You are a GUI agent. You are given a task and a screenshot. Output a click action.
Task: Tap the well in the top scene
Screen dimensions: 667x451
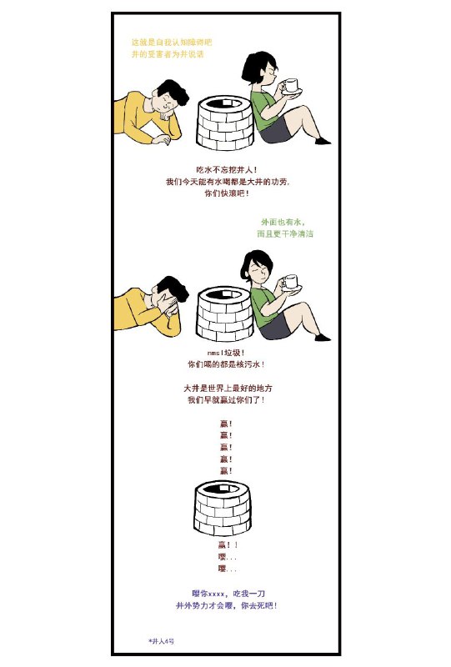click(224, 123)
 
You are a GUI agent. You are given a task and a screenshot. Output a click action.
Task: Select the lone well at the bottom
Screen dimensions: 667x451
click(222, 508)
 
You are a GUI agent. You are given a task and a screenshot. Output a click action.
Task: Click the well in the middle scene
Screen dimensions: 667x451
click(224, 315)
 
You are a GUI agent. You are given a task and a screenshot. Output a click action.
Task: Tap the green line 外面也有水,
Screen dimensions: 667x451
click(283, 223)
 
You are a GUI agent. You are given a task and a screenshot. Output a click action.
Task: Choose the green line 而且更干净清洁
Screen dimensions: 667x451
click(285, 234)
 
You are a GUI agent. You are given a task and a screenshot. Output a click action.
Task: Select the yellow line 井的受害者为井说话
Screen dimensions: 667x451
click(168, 53)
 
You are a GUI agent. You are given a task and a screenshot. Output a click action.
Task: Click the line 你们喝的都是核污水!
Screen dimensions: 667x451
click(226, 364)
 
